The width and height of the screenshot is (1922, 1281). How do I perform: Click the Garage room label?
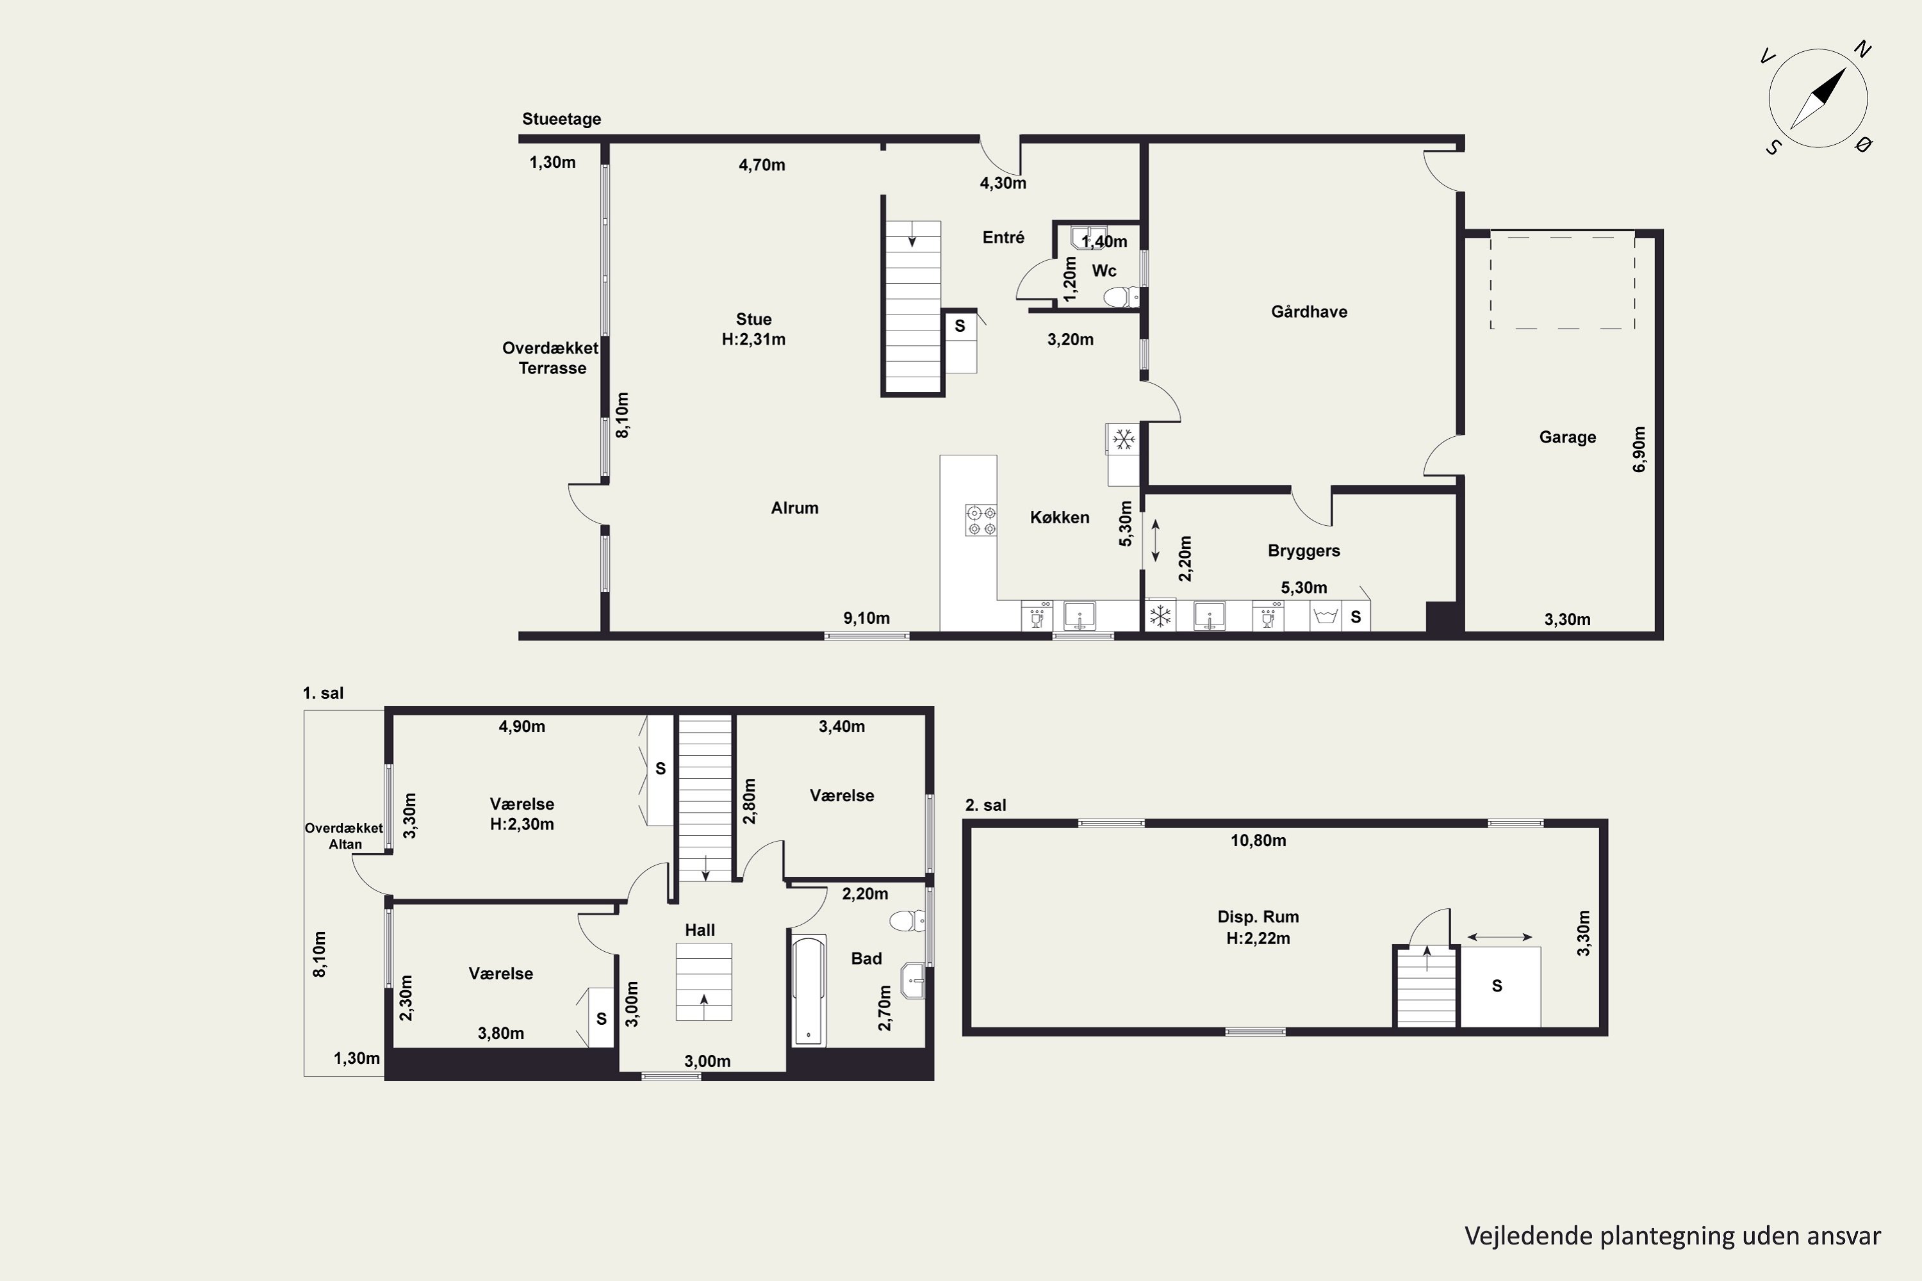(1567, 437)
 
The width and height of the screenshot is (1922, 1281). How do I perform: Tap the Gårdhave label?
(1309, 311)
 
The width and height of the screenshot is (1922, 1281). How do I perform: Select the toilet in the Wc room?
(1121, 297)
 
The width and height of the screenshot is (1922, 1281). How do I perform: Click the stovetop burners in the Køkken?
(981, 520)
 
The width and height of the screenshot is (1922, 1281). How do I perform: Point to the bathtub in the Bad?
(809, 991)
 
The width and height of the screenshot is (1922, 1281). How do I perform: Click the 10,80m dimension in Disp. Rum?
(1258, 840)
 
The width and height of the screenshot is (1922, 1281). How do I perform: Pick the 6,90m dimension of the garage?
(1639, 450)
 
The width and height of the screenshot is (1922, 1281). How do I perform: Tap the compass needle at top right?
(1818, 99)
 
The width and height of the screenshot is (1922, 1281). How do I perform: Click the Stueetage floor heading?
(561, 118)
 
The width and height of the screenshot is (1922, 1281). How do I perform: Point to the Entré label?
(1003, 237)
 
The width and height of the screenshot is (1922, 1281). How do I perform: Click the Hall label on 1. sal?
(700, 930)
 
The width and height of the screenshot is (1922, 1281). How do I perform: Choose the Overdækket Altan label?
(344, 836)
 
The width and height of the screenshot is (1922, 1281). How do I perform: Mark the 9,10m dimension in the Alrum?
(866, 619)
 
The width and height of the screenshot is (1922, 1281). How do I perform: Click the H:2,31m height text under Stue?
(753, 339)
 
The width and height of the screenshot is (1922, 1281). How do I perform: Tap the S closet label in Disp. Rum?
(1497, 986)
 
